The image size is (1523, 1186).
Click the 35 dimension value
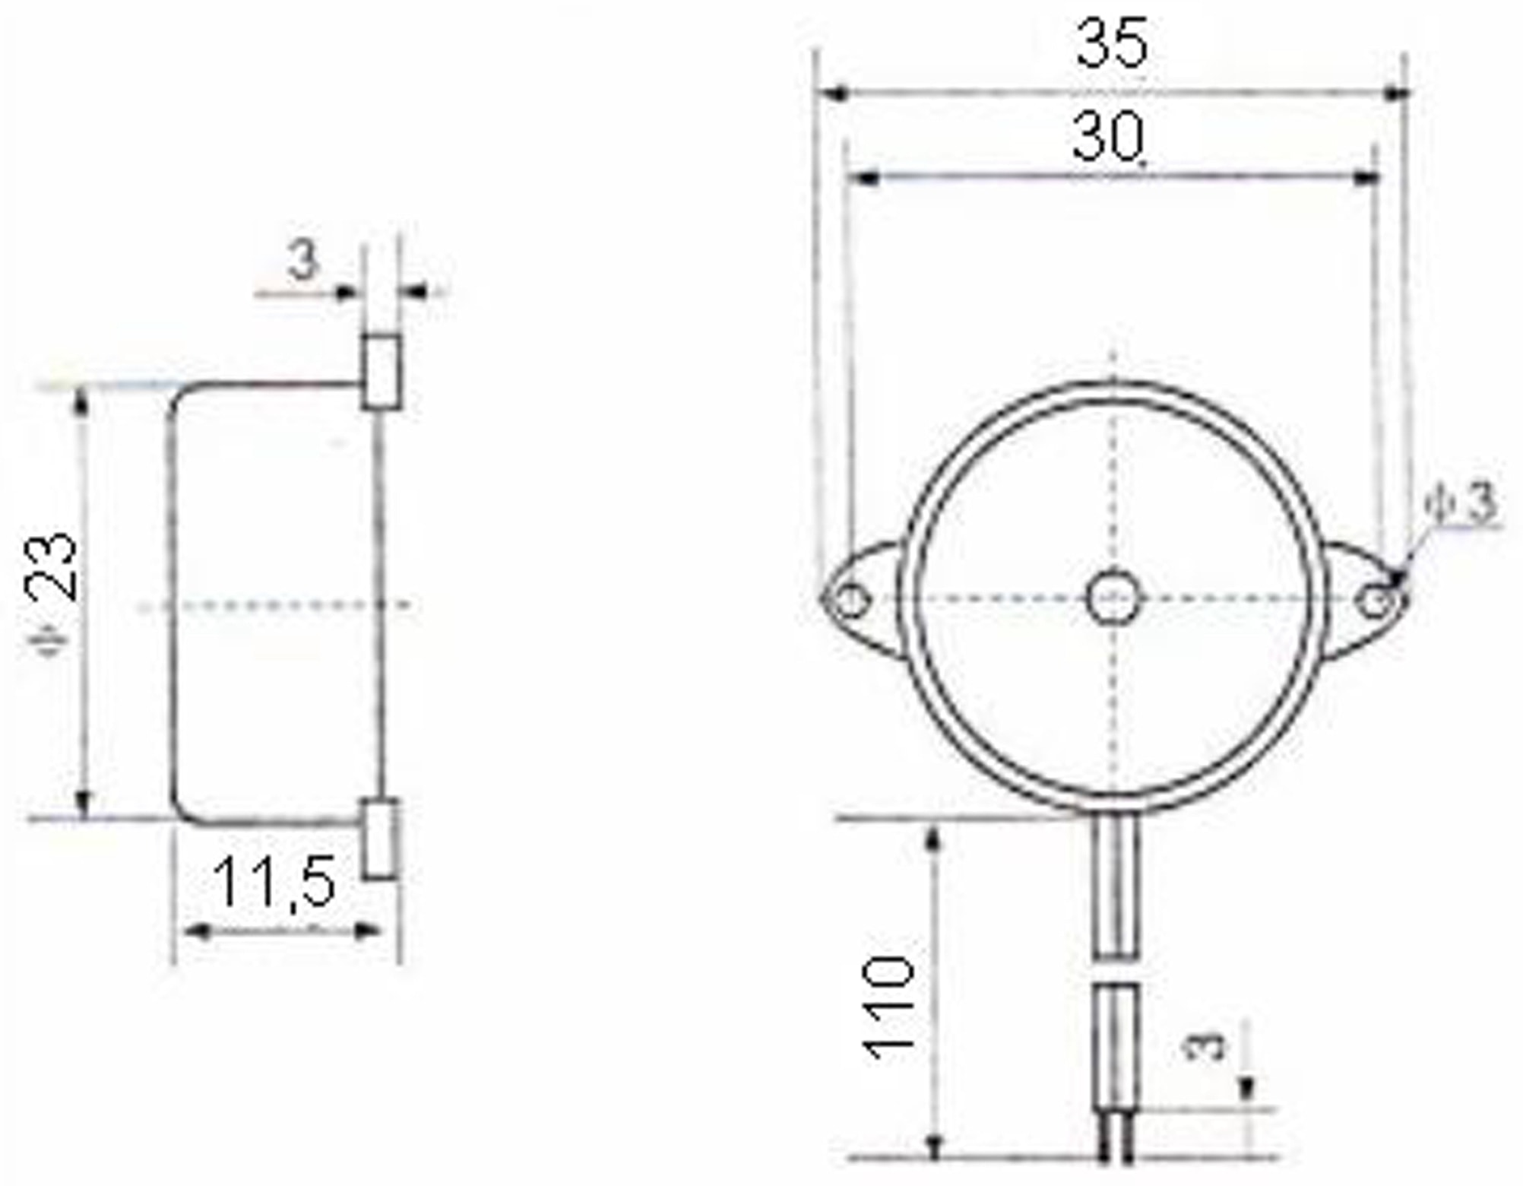tap(1111, 44)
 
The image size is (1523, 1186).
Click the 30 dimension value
tap(1107, 137)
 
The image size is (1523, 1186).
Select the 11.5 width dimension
tap(274, 882)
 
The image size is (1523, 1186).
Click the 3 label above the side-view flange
tap(303, 261)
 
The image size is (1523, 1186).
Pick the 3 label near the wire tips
tap(1205, 1046)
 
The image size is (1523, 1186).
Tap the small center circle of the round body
tap(1114, 598)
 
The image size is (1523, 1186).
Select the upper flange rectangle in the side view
tap(382, 372)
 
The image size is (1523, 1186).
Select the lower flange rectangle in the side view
tap(379, 839)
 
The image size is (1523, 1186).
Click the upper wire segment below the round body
tap(1116, 886)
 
